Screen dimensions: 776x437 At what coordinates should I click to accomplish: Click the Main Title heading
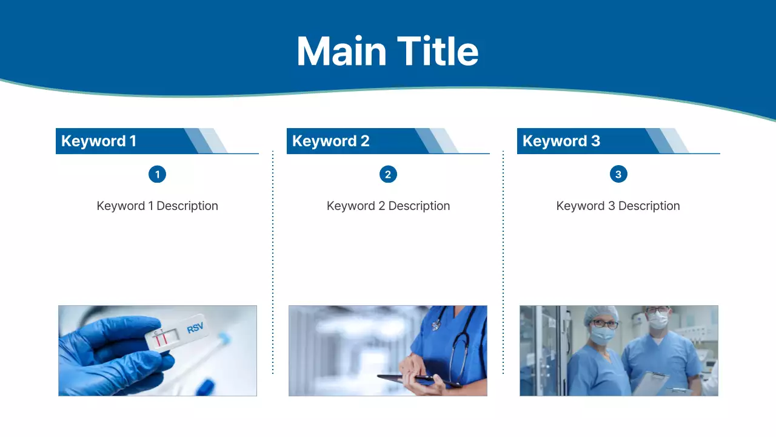pos(387,52)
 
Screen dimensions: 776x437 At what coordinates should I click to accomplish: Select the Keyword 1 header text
pos(99,141)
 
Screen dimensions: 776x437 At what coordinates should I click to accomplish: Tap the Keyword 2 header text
pos(331,141)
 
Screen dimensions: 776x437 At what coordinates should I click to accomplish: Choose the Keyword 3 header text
pos(561,141)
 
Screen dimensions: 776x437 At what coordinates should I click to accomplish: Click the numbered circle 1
pos(157,174)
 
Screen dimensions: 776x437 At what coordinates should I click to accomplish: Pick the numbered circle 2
pos(388,174)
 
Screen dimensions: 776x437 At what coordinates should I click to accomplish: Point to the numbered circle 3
pos(618,174)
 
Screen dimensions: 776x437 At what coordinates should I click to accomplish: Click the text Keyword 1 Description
pos(157,206)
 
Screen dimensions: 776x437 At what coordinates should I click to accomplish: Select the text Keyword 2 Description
pos(389,206)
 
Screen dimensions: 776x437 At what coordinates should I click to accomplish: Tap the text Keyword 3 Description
pos(618,206)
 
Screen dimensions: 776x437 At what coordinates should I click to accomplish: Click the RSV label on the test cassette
pos(195,327)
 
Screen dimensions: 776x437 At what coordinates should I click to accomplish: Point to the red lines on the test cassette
pos(161,339)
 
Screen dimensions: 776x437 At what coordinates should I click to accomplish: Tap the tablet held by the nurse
pos(419,380)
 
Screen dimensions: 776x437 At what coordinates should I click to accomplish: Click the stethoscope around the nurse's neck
pos(457,347)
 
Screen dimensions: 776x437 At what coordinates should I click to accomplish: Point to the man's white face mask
pos(658,320)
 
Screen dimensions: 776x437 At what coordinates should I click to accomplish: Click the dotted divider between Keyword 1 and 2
pos(273,262)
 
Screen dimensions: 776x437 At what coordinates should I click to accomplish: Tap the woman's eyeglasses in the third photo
pos(604,324)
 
